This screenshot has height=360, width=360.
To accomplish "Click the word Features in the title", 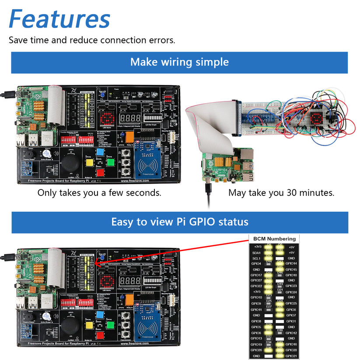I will point(59,19).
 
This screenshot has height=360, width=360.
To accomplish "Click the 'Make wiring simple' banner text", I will point(179,62).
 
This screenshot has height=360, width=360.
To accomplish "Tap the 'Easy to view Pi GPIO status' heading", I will point(180,222).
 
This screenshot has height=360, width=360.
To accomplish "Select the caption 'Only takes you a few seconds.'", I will point(99,192).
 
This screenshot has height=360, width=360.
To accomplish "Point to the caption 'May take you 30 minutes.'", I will point(281,192).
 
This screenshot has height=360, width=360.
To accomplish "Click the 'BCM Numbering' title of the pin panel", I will point(274,239).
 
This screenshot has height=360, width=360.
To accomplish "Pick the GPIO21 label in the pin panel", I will point(291,356).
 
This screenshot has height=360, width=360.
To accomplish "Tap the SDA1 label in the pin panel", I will point(257,253).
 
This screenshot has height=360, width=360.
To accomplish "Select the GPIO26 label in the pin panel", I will point(257,350).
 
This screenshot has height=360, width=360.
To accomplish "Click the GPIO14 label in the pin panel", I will point(291,264).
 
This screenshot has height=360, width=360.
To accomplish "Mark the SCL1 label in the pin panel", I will point(257,259).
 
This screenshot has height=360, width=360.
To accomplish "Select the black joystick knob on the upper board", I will point(70,163).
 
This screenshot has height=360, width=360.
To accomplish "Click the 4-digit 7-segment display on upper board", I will point(130,118).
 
